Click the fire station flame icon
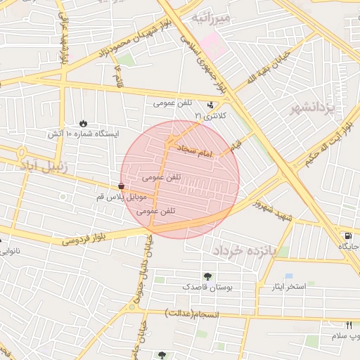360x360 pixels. point(84,123)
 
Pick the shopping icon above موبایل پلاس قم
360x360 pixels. point(123,187)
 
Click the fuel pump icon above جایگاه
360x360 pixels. point(346,236)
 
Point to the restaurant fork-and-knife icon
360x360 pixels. point(349,324)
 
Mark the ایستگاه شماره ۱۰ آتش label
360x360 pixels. point(84,134)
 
